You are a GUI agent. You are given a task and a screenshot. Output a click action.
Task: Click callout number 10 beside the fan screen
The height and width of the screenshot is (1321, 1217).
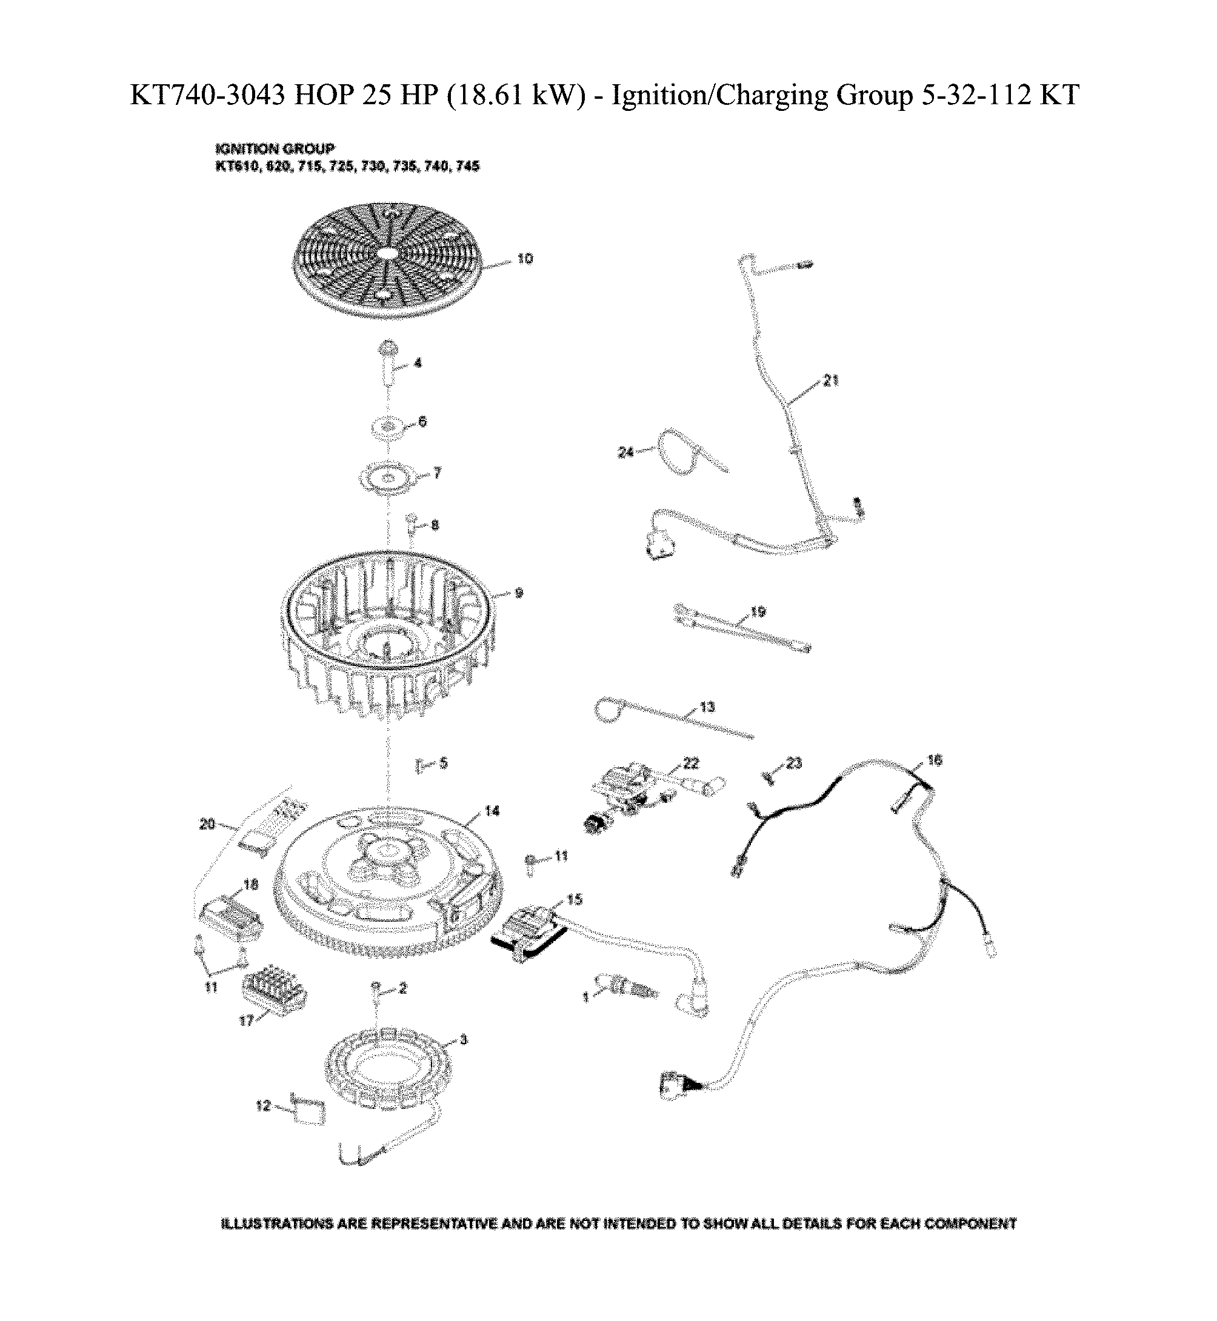(525, 259)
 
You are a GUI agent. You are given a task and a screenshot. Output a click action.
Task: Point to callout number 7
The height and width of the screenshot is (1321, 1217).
(437, 473)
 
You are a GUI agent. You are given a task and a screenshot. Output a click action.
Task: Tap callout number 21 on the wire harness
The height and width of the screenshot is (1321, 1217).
(830, 381)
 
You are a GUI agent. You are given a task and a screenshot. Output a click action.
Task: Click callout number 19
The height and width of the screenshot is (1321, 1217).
(758, 612)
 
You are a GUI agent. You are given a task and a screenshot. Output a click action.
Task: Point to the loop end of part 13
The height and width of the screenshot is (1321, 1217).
(608, 713)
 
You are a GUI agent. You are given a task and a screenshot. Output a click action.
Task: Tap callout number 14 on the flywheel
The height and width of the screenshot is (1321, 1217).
(492, 811)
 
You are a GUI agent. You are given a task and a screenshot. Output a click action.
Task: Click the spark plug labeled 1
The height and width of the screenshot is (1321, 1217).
(625, 987)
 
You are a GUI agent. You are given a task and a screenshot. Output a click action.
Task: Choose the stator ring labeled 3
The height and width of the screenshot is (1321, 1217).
(388, 1070)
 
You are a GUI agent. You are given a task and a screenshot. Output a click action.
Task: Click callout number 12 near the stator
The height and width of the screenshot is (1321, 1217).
(264, 1105)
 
